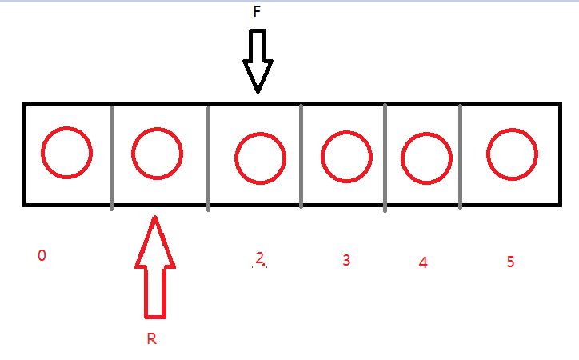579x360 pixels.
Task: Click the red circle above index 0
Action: pos(67,152)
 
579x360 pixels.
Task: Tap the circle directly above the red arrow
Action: pos(158,152)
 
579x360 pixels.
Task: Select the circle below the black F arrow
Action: pos(260,158)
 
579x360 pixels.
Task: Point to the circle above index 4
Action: pos(426,157)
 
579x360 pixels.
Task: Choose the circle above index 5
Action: pos(512,154)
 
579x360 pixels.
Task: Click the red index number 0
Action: pos(42,256)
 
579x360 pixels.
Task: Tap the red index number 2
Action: pos(259,258)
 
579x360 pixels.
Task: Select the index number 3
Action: pos(345,260)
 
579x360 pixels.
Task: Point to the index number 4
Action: pos(423,262)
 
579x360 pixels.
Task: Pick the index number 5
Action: pos(510,262)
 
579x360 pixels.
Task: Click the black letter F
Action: pos(257,13)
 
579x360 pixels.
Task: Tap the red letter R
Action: pos(151,338)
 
